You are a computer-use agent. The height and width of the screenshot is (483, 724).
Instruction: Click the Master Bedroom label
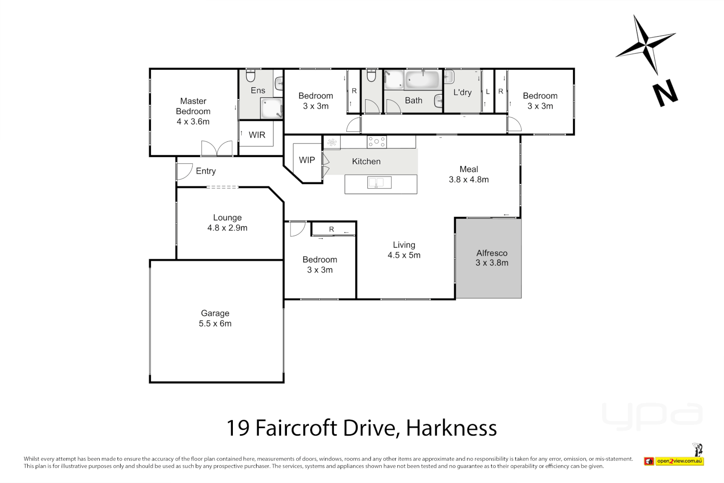[193, 111]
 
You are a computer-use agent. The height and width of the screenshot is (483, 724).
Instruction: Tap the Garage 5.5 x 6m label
[215, 318]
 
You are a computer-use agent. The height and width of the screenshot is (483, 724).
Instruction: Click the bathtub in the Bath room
[422, 80]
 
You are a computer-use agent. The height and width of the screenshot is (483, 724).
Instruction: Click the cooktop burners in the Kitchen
[377, 142]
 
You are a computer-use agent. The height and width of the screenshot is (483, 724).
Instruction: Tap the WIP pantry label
[307, 160]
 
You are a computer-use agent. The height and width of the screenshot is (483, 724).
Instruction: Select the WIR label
[257, 135]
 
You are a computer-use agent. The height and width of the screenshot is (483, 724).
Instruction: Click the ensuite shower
[271, 109]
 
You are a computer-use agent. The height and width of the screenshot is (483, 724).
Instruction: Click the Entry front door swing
[184, 171]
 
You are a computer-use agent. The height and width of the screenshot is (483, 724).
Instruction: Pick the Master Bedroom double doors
[217, 148]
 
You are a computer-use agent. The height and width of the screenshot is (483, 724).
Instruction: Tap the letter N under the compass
[665, 93]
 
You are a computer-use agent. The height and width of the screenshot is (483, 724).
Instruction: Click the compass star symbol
[645, 44]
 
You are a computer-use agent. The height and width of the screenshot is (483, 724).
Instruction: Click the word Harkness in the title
[451, 428]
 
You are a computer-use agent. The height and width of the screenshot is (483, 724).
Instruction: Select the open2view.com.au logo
[679, 461]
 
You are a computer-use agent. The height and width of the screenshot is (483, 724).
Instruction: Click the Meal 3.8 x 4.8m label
[469, 174]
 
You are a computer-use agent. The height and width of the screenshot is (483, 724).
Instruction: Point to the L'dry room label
[463, 93]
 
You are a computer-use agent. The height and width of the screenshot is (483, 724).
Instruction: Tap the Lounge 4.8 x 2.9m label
[227, 223]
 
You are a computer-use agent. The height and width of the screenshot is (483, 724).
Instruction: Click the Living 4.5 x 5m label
[404, 250]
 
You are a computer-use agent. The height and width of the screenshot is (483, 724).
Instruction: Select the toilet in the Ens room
[250, 76]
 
